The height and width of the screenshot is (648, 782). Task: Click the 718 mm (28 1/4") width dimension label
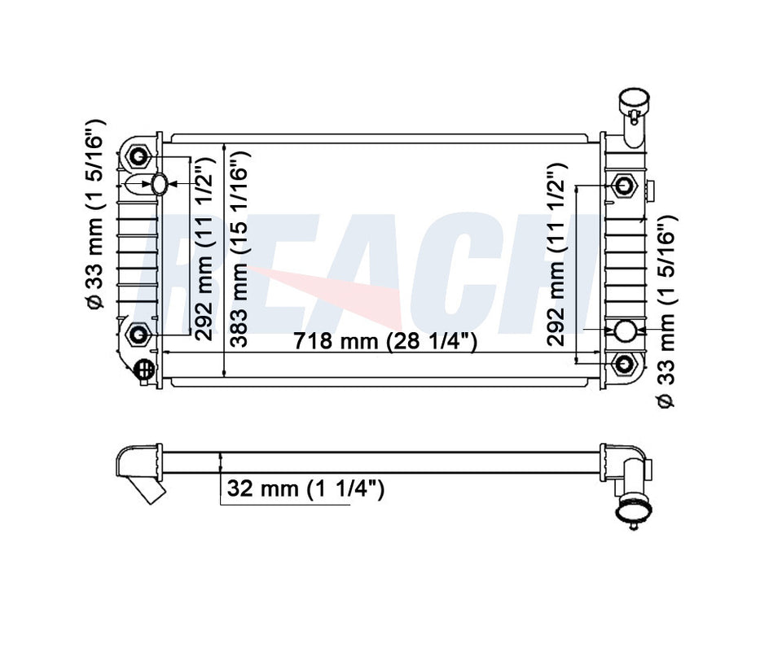[x=385, y=341]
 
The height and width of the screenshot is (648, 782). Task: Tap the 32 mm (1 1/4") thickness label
[x=305, y=488]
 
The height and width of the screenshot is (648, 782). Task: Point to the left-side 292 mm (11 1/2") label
[x=204, y=249]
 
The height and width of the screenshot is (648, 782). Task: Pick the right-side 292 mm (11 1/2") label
[x=556, y=254]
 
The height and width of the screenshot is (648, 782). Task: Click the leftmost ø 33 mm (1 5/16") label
[x=94, y=215]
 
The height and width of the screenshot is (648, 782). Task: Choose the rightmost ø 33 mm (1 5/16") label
[x=666, y=313]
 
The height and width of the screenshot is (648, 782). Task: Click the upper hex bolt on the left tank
[x=137, y=157]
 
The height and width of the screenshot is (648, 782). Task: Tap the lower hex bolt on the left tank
[x=138, y=334]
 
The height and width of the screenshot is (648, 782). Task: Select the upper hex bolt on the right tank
[x=624, y=186]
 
